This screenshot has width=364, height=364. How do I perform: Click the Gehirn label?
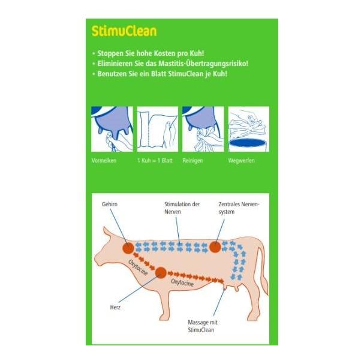tap(110, 204)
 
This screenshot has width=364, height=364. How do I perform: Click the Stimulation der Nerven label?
tap(182, 208)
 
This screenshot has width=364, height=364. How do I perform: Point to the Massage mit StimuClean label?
tap(202, 326)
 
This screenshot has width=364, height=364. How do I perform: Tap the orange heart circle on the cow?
tap(161, 272)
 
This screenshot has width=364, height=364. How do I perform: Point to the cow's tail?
tap(264, 270)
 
